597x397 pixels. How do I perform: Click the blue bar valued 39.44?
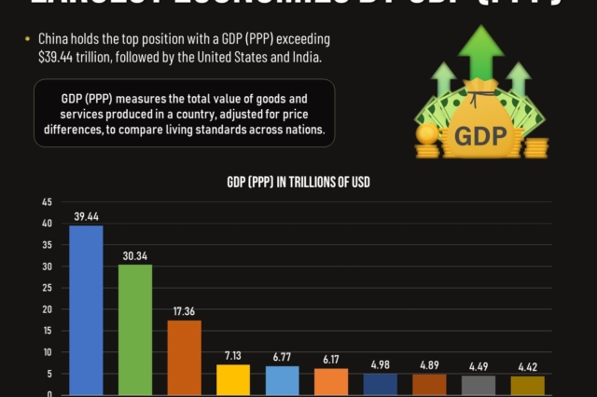coord(86,309)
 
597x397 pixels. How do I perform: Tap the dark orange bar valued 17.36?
coord(184,357)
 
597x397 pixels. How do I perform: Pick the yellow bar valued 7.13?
coord(233,379)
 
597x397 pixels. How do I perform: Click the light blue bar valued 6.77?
coord(282,380)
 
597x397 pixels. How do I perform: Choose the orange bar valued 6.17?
coord(331,381)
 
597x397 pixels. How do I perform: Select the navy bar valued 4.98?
coord(381,384)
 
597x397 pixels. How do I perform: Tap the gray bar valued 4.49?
coord(479,385)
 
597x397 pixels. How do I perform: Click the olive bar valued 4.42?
coord(527,385)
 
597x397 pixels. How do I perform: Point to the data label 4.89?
coord(429,365)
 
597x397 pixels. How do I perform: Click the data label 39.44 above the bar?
coord(86,216)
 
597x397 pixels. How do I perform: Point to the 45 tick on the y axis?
coord(47,201)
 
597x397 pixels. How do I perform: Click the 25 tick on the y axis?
coord(47,288)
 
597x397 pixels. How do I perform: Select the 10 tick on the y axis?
coord(47,352)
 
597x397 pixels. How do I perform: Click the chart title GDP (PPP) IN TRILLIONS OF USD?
coord(298,183)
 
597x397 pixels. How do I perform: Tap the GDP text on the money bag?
coord(480,137)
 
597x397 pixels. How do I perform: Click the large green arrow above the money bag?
coord(481,51)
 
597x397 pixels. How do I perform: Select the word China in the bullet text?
coord(54,41)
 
